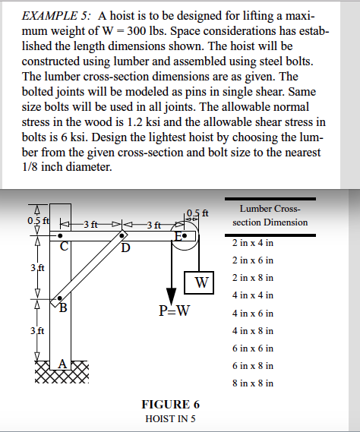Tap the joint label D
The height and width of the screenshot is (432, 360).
[126, 247]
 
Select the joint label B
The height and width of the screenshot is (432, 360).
[64, 308]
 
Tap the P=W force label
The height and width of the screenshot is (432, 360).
[175, 311]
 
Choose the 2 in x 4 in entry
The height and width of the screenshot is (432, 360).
[252, 243]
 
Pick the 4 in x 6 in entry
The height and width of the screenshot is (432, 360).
[252, 313]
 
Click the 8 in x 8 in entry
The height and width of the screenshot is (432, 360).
[252, 383]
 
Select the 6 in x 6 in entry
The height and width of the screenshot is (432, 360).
[252, 348]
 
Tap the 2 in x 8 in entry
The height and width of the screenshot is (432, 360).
[252, 278]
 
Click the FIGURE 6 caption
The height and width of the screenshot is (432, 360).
[171, 404]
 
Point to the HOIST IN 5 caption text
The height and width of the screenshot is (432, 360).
[171, 418]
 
